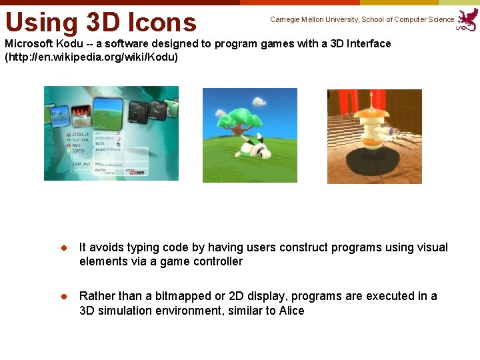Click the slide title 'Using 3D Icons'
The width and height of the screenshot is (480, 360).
click(101, 21)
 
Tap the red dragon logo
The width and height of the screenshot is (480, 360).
click(467, 19)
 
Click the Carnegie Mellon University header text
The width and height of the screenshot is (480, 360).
click(361, 19)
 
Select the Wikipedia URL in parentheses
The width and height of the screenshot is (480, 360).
click(91, 57)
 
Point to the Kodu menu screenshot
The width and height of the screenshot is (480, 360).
click(111, 133)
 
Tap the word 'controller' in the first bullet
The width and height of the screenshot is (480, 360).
click(217, 261)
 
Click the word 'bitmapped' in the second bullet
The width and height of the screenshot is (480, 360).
click(181, 296)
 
